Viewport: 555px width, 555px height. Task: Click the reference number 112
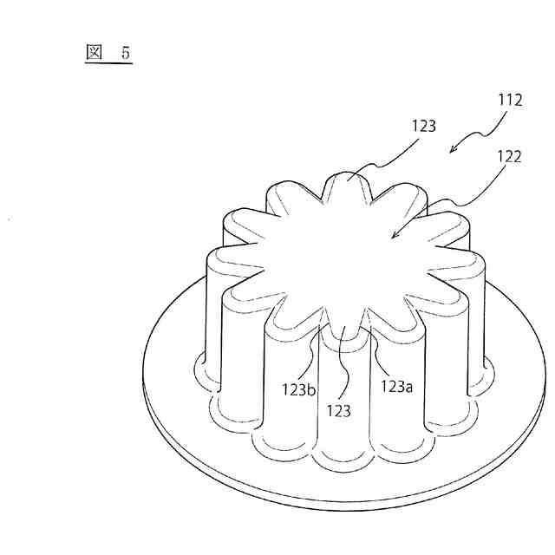pyautogui.click(x=510, y=101)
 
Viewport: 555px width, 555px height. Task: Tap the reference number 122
pyautogui.click(x=510, y=157)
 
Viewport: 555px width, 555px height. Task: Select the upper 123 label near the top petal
pyautogui.click(x=425, y=127)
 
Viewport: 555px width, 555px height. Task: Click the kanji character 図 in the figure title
pyautogui.click(x=95, y=52)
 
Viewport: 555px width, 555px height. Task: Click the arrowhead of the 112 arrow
pyautogui.click(x=453, y=150)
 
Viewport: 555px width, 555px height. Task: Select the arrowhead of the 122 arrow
pyautogui.click(x=394, y=235)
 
